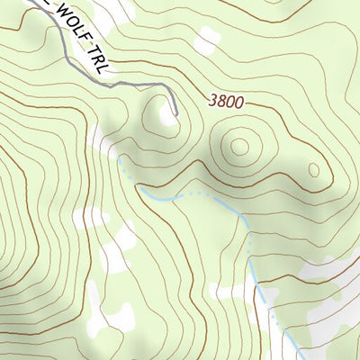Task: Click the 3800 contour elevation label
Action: pyautogui.click(x=225, y=102)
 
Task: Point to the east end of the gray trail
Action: pyautogui.click(x=175, y=113)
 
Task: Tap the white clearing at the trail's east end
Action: pyautogui.click(x=167, y=115)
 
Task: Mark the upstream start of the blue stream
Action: pyautogui.click(x=119, y=157)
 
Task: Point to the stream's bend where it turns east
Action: pyautogui.click(x=142, y=189)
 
